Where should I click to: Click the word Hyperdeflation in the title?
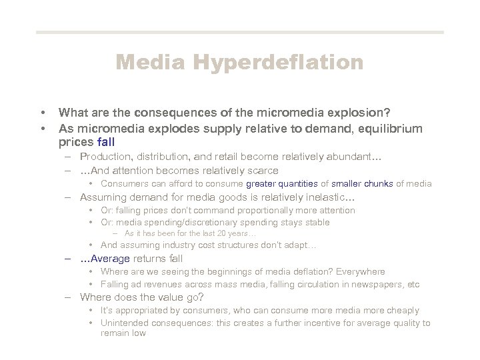(x=279, y=63)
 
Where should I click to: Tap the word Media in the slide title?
(x=153, y=63)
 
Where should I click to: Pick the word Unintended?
(x=124, y=323)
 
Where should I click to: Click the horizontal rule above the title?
(x=240, y=32)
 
